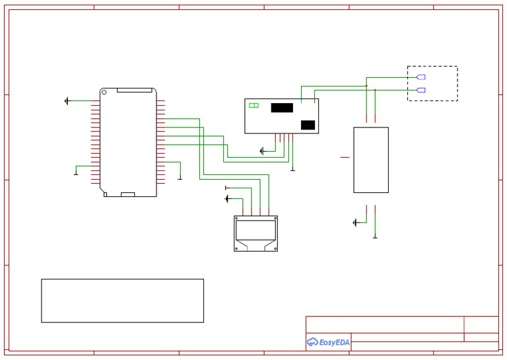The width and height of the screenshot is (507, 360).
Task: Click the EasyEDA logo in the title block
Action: pos(328,342)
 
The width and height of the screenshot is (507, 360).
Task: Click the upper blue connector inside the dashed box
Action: pos(421,77)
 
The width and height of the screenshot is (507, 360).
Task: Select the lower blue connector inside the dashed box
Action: pos(421,90)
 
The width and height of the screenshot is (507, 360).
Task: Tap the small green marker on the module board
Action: pos(253,105)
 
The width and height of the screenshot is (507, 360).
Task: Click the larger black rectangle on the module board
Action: pos(282,108)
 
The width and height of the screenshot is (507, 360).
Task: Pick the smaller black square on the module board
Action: pos(308,125)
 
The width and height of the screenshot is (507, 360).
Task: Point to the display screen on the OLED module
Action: pos(255,230)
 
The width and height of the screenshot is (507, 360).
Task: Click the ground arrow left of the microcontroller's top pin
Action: pos(67,101)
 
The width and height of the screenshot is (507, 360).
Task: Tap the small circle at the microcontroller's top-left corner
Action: pos(102,90)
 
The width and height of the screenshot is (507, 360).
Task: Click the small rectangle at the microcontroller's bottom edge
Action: pos(128,194)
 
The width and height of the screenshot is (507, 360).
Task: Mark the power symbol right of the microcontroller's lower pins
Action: pos(180,177)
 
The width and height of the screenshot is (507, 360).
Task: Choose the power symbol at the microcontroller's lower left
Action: pos(76,174)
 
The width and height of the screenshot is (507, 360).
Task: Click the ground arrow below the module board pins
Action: pos(262,151)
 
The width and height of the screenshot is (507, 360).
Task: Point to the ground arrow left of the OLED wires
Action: pos(228,199)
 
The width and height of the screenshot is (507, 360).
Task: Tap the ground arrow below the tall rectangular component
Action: pos(355,223)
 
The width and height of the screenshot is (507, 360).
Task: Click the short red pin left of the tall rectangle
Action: pos(345,157)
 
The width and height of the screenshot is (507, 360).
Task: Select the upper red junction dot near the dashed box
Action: pos(366,86)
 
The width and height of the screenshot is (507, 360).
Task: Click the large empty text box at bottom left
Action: pos(122,301)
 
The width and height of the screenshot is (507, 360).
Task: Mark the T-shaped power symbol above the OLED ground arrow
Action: pos(226,188)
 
